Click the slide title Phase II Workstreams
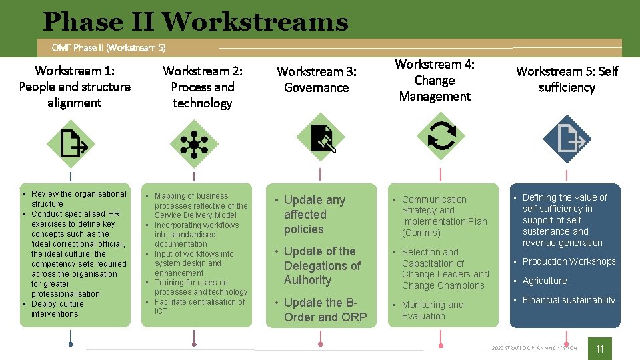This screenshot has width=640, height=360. pos(195,22)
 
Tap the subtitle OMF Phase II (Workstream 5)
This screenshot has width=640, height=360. pos(109,47)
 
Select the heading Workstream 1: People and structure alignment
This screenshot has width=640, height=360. pos(75,87)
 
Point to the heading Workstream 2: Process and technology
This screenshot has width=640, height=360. pos(203,87)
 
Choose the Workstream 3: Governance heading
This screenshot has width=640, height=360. pos(317,79)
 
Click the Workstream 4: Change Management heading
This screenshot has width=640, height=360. pos(435,80)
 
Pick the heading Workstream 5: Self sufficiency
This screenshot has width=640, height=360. pos(567,79)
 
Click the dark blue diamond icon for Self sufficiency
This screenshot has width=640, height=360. pos(567,139)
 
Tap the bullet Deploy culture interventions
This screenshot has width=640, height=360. pos(57,309)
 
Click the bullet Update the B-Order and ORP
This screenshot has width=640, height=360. pos(325,310)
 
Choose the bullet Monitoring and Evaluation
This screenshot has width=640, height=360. pos(432,310)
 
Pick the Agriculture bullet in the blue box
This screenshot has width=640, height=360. pos(545,281)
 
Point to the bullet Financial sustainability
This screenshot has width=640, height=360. pos(569,300)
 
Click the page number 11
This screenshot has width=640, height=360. pos(599,349)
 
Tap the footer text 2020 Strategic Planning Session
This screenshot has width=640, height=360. pos(534,348)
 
